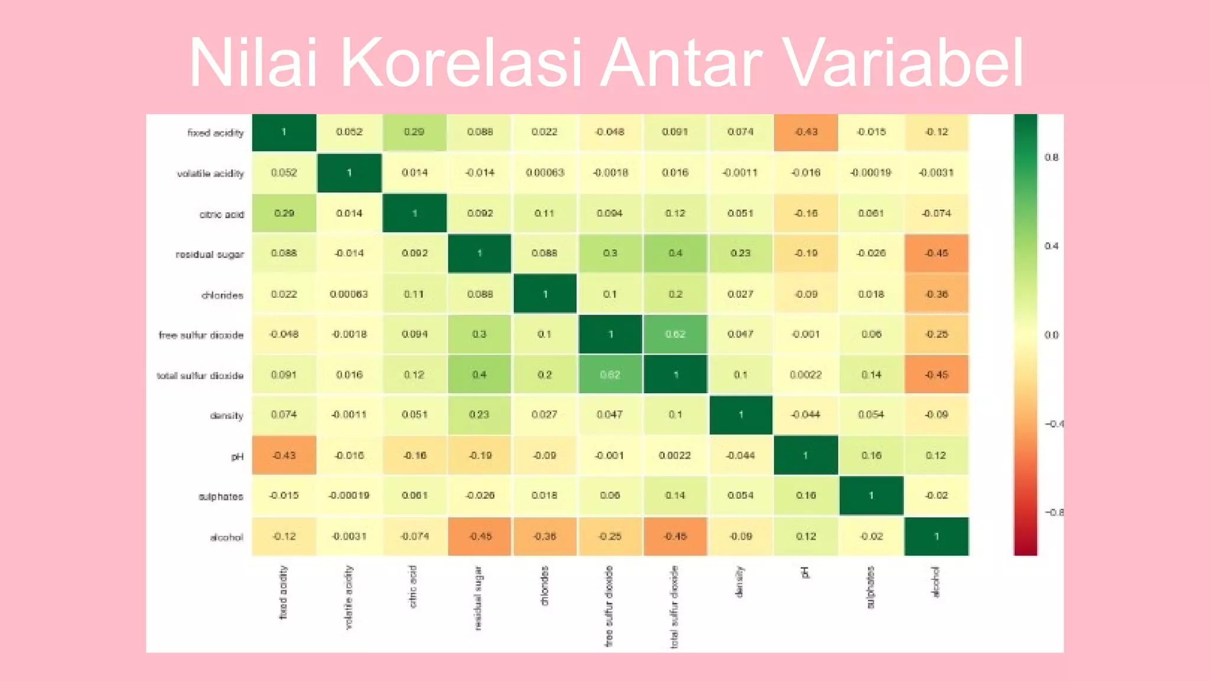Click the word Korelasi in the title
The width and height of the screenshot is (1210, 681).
pyautogui.click(x=461, y=63)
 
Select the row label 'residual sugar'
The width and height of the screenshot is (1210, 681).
pyautogui.click(x=210, y=254)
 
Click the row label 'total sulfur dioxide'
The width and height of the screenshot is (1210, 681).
pyautogui.click(x=200, y=375)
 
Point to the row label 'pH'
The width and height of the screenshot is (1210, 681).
pyautogui.click(x=237, y=456)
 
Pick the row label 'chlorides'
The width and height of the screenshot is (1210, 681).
pyautogui.click(x=222, y=295)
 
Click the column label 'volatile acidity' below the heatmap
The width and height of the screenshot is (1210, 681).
pyautogui.click(x=349, y=597)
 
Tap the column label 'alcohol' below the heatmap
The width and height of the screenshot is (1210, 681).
pyautogui.click(x=935, y=582)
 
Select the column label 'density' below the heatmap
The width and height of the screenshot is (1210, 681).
pyautogui.click(x=739, y=582)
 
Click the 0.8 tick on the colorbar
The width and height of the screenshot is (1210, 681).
pyautogui.click(x=1051, y=157)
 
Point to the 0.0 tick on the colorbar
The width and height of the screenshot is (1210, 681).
pyautogui.click(x=1051, y=335)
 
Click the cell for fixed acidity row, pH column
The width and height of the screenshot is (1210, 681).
pyautogui.click(x=806, y=132)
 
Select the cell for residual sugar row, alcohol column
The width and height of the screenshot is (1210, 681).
pyautogui.click(x=936, y=253)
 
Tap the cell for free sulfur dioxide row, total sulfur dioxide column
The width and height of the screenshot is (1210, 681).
pyautogui.click(x=675, y=334)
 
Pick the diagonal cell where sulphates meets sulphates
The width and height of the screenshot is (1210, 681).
pyautogui.click(x=871, y=495)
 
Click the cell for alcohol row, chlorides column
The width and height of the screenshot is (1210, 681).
pyautogui.click(x=545, y=536)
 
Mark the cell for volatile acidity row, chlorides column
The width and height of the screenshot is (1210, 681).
pyautogui.click(x=545, y=173)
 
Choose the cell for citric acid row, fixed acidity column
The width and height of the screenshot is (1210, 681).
pyautogui.click(x=284, y=213)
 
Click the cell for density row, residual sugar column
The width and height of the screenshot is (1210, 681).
pyautogui.click(x=479, y=414)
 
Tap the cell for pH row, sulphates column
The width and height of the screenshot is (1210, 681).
pyautogui.click(x=871, y=455)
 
